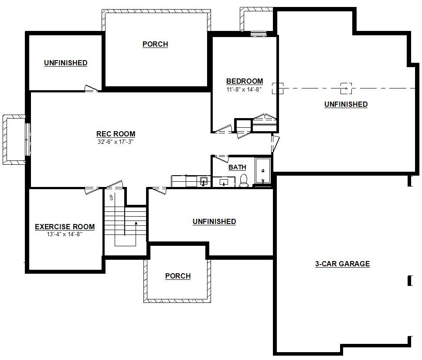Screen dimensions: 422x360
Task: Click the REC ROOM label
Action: [116, 134]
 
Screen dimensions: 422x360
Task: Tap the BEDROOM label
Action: [245, 81]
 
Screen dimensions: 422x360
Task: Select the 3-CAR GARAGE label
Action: [342, 264]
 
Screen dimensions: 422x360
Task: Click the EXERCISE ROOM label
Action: [65, 227]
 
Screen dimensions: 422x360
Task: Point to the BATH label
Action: [237, 167]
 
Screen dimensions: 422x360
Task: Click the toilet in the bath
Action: [244, 180]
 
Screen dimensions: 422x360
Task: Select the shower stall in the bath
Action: [263, 171]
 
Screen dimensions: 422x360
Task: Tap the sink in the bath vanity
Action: [224, 183]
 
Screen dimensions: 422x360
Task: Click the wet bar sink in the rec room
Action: [204, 181]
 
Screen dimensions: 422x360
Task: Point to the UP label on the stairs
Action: [112, 197]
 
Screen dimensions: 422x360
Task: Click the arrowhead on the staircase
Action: [136, 223]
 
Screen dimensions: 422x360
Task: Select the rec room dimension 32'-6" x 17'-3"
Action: [116, 142]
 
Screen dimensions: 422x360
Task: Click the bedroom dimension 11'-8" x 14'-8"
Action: [244, 89]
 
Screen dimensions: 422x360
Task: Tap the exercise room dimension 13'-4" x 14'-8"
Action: [65, 234]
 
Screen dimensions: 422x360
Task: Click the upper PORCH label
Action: [155, 44]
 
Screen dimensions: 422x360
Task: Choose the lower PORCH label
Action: [178, 276]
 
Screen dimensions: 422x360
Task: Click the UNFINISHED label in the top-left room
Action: [66, 63]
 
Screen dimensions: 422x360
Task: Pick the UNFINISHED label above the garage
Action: [346, 104]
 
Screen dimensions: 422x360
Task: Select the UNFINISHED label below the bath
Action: [214, 221]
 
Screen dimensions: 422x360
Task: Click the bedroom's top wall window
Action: [259, 34]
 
